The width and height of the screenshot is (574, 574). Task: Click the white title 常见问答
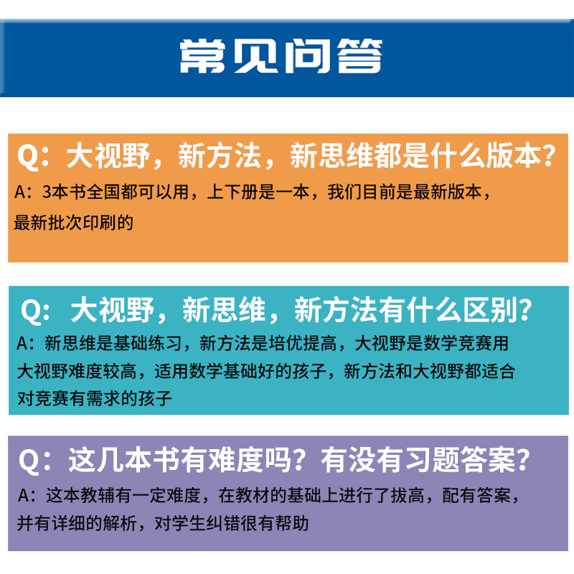[x=281, y=56]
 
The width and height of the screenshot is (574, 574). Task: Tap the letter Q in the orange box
[x=29, y=156]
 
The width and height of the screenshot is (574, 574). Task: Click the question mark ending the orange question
[x=549, y=156]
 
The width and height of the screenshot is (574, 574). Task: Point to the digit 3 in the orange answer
[x=47, y=192]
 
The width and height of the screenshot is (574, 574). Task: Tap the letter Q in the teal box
[x=32, y=311]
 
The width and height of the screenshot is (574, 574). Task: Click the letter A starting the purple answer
[x=23, y=496]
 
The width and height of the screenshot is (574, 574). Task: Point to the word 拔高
[x=408, y=496]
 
